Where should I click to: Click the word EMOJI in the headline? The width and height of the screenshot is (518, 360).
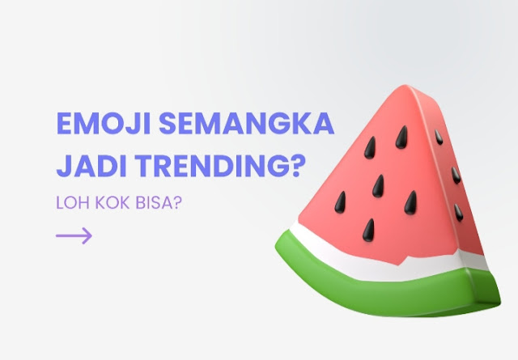pyautogui.click(x=104, y=123)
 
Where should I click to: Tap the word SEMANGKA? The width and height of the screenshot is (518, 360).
pyautogui.click(x=246, y=123)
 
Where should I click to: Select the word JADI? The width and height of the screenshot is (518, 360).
pyautogui.click(x=91, y=166)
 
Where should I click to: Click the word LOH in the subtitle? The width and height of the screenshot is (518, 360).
pyautogui.click(x=73, y=202)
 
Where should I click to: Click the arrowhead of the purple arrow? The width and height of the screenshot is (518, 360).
pyautogui.click(x=87, y=235)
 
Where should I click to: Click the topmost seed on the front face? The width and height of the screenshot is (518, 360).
pyautogui.click(x=401, y=137)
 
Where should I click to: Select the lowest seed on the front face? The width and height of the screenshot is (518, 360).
pyautogui.click(x=369, y=230)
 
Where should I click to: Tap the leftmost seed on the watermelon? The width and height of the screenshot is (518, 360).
pyautogui.click(x=340, y=201)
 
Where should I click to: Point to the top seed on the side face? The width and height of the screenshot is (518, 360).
pyautogui.click(x=439, y=137)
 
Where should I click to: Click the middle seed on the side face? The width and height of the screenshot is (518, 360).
pyautogui.click(x=456, y=175)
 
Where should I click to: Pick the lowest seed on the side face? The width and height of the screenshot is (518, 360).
pyautogui.click(x=458, y=213)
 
